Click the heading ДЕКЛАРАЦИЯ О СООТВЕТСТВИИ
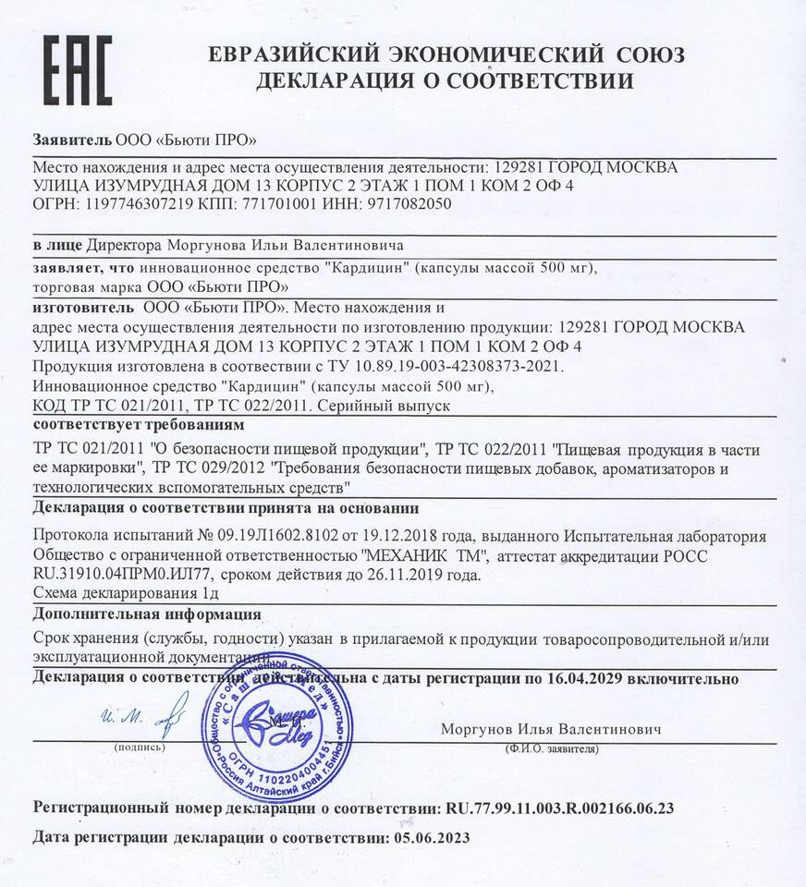coord(445,81)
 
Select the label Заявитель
coord(72,140)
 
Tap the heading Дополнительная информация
coord(147,614)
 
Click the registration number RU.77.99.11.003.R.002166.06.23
coord(560,808)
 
